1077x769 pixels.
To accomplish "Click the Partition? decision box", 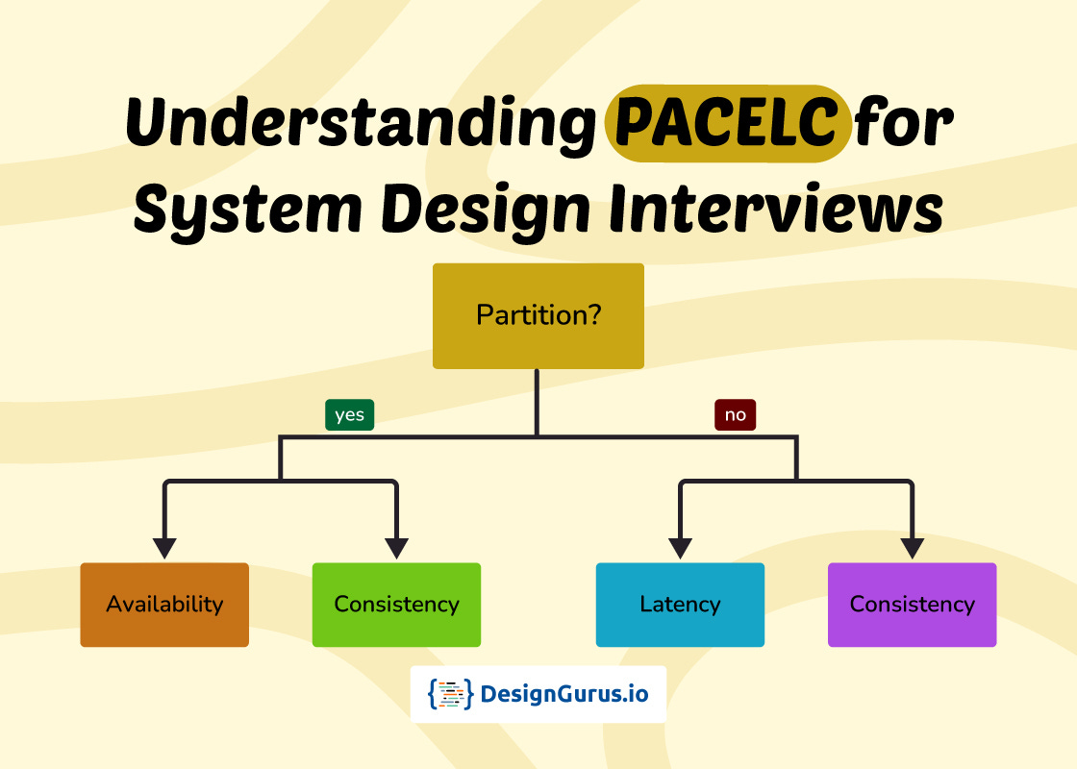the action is pos(538,315).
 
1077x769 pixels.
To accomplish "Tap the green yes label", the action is pos(349,414).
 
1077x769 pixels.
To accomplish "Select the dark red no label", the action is pos(735,414).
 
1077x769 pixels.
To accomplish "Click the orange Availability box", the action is pos(164,605).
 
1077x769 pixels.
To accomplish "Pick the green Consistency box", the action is pos(396,605).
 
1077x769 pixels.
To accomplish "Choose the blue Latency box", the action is pos(680,605).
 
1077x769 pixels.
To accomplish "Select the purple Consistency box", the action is pos(912,605).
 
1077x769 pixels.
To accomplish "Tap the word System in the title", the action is pos(241,210).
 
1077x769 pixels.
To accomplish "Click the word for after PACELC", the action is pos(904,125).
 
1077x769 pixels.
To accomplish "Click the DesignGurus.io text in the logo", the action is pos(564,694).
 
